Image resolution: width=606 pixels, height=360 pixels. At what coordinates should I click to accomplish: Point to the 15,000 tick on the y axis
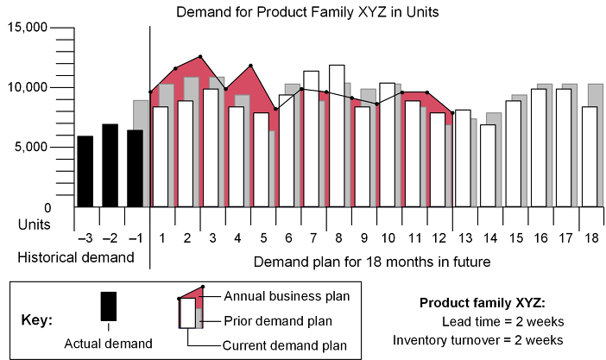coord(28,28)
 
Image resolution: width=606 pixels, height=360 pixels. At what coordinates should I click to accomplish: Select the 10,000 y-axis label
coord(28,87)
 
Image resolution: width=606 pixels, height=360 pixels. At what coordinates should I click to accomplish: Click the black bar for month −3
coord(85,172)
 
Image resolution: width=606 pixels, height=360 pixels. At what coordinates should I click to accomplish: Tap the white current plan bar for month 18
coord(590,156)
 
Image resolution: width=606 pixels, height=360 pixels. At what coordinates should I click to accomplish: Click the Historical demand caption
coord(76,257)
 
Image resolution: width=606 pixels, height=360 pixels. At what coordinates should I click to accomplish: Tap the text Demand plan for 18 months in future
coord(373,261)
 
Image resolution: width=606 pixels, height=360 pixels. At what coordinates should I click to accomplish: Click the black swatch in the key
coord(108,306)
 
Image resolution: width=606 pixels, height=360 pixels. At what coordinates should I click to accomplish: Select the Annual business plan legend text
coord(286,296)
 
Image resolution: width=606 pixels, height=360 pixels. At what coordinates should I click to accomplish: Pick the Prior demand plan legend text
coord(279,321)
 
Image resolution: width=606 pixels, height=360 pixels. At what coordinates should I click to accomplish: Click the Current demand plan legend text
coord(284,346)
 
